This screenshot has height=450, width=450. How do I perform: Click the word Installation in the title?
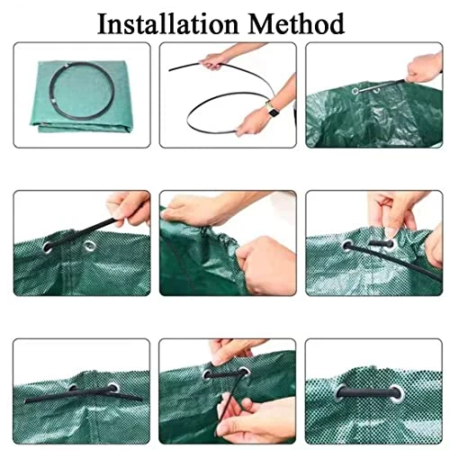click(x=168, y=24)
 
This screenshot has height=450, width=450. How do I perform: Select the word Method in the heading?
click(x=297, y=24)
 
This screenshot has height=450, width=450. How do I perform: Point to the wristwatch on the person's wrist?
click(x=273, y=111)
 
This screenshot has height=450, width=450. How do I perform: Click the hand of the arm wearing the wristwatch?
click(x=250, y=123)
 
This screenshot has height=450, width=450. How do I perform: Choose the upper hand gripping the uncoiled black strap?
click(x=213, y=61)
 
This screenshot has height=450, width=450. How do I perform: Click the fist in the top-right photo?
click(x=423, y=69)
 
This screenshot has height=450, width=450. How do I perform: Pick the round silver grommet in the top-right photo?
click(x=355, y=91)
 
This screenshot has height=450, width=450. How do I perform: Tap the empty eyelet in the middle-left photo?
click(x=90, y=246)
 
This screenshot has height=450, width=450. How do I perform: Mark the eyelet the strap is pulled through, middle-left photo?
click(x=48, y=247)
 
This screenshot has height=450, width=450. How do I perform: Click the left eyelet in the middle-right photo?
click(x=348, y=246)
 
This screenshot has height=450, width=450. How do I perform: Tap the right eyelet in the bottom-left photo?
click(x=113, y=388)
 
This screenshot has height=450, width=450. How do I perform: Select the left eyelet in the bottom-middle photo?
click(x=208, y=374)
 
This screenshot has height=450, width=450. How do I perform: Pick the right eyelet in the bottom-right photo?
click(x=397, y=393)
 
